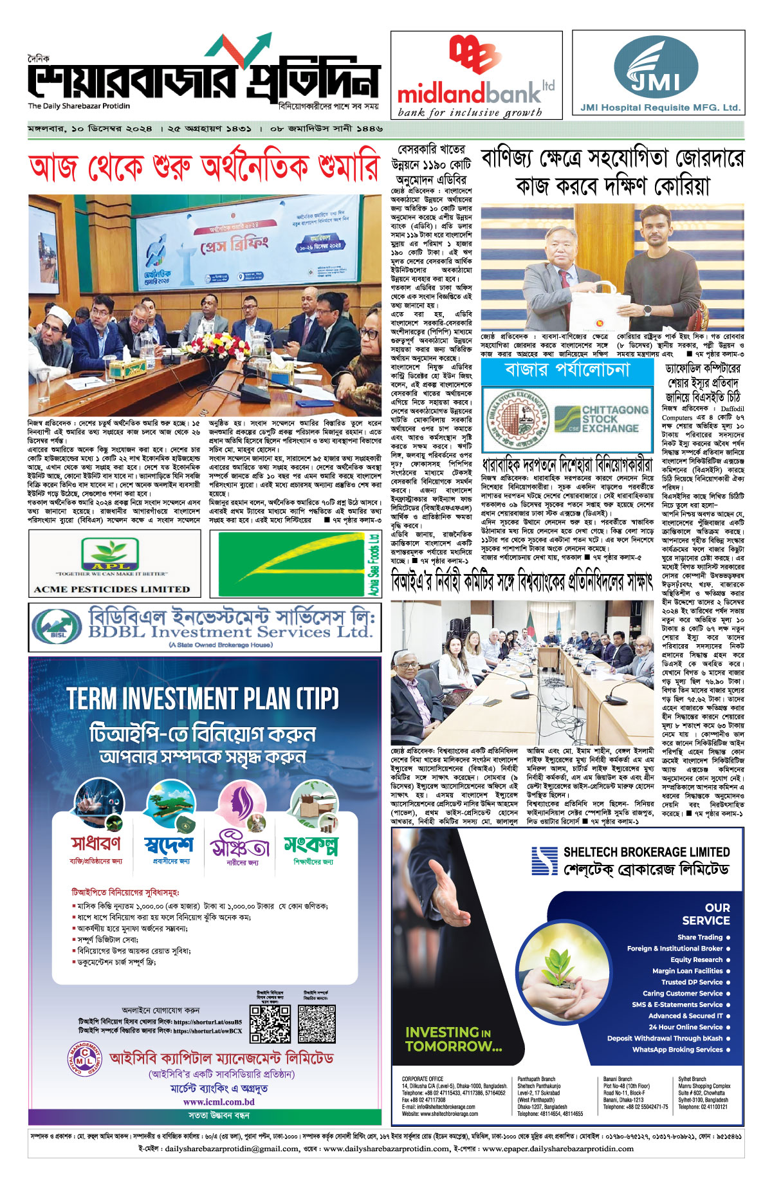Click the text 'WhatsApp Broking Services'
point(677,1050)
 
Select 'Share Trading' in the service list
point(700,937)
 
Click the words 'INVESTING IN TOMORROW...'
point(453,1039)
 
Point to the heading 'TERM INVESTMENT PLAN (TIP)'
point(203,698)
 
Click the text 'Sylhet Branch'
point(692,1079)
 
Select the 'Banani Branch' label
point(618,1079)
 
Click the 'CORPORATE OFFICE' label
point(423,1079)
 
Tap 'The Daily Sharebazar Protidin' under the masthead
point(78,106)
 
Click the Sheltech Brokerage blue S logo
point(544,860)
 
